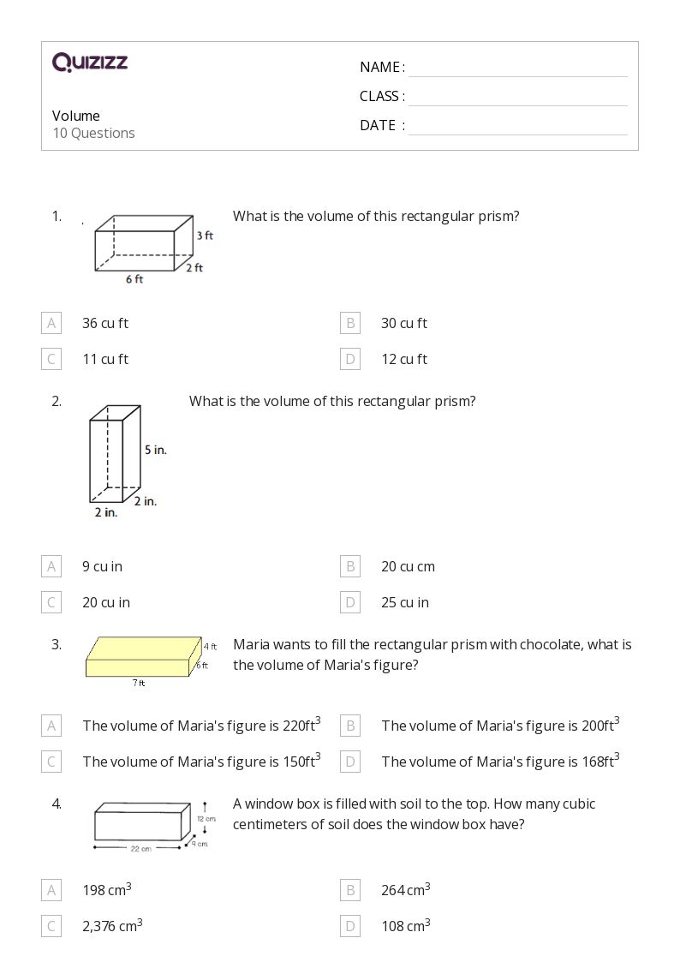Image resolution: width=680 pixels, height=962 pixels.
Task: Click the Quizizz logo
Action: [x=90, y=62]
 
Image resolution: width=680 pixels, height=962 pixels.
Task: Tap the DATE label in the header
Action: [x=378, y=125]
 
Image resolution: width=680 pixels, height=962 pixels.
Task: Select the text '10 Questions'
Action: [x=93, y=133]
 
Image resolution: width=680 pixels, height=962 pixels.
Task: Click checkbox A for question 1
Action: [x=51, y=323]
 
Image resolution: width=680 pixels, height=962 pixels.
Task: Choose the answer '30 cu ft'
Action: [x=404, y=323]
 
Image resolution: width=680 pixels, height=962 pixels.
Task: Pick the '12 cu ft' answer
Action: [x=404, y=359]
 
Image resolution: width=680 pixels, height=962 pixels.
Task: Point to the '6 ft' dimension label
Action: [x=134, y=279]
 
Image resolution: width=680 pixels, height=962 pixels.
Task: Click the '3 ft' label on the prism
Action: [x=204, y=235]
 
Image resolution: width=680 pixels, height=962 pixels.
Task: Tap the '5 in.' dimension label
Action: [x=155, y=449]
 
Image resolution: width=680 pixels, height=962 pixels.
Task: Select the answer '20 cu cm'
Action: [x=408, y=566]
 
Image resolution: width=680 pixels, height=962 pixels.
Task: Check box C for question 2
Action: [x=51, y=602]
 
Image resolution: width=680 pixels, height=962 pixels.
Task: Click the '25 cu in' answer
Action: [x=405, y=602]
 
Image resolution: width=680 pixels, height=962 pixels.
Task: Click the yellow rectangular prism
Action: [x=141, y=656]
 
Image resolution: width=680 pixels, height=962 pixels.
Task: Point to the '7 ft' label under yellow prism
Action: [x=139, y=683]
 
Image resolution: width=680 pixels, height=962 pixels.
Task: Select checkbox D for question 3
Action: [x=350, y=762]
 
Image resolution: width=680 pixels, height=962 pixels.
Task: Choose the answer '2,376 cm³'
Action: [x=112, y=925]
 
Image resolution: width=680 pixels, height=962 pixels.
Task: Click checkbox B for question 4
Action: [x=350, y=890]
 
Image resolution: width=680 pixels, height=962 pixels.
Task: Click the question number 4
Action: [x=57, y=804]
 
